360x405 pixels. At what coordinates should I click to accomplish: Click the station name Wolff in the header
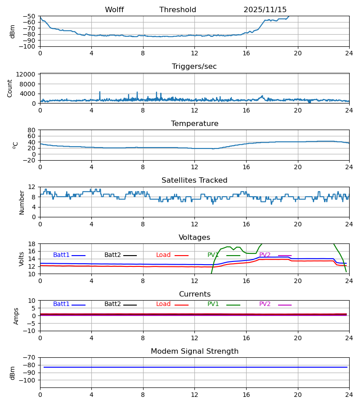click(x=114, y=10)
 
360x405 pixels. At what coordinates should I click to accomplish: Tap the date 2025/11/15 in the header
click(x=265, y=10)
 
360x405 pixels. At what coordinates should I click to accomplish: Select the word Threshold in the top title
click(x=178, y=10)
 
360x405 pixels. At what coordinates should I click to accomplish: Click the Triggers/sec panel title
click(x=194, y=67)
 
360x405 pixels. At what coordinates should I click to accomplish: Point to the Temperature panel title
click(x=194, y=124)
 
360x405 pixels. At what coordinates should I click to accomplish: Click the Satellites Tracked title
click(x=194, y=180)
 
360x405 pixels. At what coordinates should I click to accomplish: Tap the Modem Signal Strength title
click(x=194, y=351)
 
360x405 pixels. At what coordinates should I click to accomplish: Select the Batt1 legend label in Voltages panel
click(x=61, y=255)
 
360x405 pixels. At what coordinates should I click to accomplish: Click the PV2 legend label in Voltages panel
click(x=265, y=255)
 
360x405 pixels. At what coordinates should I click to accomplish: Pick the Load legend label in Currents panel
click(x=163, y=304)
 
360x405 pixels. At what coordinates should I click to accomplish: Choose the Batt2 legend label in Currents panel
click(x=112, y=304)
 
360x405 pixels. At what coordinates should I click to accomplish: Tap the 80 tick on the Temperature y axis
click(x=32, y=130)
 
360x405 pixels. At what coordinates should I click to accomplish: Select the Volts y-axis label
click(x=22, y=259)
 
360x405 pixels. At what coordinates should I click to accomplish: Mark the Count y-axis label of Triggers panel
click(x=10, y=88)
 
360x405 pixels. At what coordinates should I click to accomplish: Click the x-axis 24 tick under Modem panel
click(x=349, y=394)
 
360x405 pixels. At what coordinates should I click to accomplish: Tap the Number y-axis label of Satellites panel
click(x=22, y=202)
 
